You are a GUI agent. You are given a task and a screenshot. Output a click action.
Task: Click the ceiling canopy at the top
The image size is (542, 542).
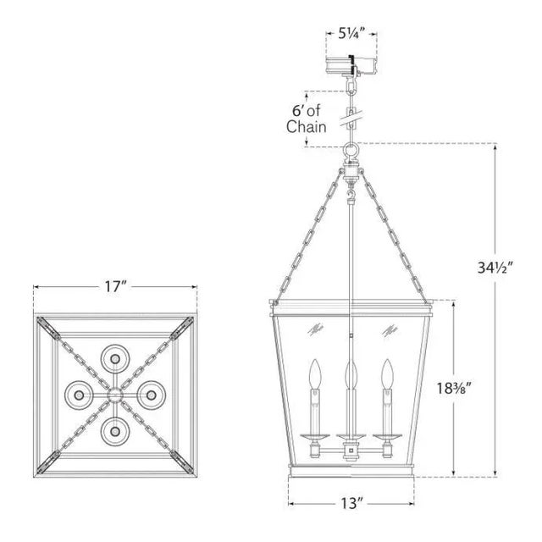point(351,64)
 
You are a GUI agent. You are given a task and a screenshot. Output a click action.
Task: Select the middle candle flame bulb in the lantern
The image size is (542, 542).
point(351,373)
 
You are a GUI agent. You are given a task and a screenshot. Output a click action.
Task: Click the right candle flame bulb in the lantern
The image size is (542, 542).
point(389,373)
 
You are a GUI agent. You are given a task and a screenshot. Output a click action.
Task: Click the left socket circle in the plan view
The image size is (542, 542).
point(78,395)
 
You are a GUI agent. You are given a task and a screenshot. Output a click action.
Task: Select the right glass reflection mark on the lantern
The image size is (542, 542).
point(390,328)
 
